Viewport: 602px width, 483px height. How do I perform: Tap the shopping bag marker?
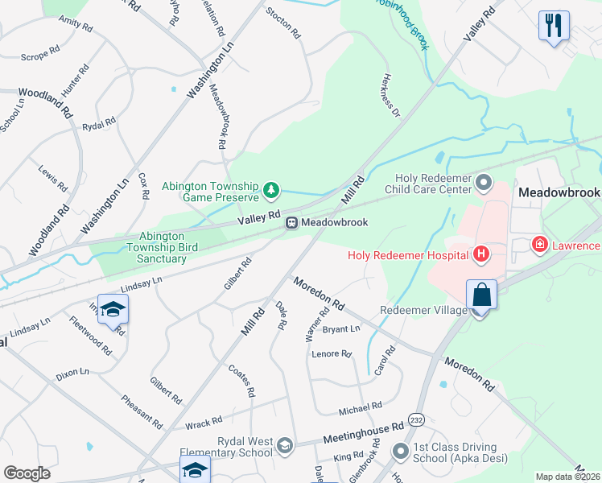(481, 294)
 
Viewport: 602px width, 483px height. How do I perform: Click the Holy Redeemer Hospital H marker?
(481, 255)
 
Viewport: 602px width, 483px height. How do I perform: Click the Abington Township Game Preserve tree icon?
(272, 190)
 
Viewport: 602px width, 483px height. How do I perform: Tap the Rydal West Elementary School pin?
(284, 445)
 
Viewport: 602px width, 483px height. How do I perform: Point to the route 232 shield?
(416, 420)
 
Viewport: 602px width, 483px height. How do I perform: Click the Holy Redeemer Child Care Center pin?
(484, 184)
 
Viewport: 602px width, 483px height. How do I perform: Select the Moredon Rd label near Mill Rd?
(318, 294)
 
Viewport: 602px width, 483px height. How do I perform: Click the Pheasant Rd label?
(141, 411)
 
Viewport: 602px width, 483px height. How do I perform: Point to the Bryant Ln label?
(341, 329)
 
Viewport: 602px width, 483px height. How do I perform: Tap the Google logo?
(27, 473)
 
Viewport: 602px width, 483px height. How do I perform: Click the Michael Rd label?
(360, 409)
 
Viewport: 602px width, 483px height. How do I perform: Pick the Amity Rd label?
(76, 23)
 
